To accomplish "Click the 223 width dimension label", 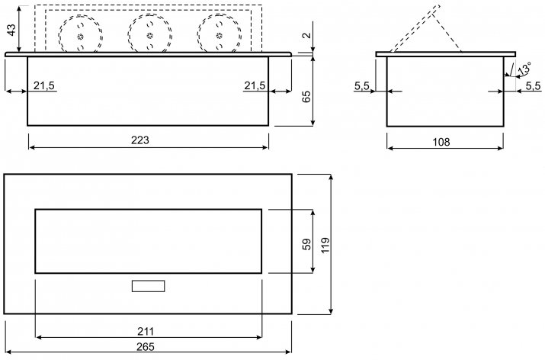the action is tap(140, 140).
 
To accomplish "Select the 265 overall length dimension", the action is tap(146, 347).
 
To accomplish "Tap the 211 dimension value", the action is tap(146, 332).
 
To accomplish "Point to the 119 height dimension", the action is tap(325, 246).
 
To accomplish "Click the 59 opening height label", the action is tap(307, 244).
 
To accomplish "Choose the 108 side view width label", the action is tap(441, 142).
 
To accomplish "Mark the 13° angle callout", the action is tap(524, 68).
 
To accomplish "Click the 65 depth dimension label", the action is tap(306, 96).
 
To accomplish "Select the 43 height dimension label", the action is tap(11, 30).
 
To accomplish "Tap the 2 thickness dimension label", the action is tap(306, 35).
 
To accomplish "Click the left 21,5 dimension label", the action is tap(44, 85).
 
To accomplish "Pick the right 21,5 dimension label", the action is tap(255, 85).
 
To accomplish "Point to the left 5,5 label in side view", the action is tap(362, 85).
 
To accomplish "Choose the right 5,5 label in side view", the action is tap(533, 85).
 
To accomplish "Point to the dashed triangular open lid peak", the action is tap(438, 6).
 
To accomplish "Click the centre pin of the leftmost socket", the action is tap(81, 36).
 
